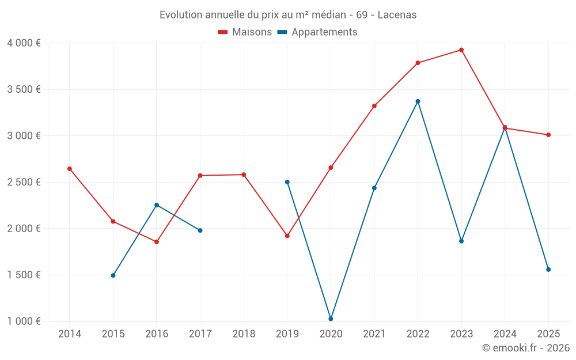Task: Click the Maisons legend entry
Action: coord(245,32)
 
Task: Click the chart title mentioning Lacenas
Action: coord(288,15)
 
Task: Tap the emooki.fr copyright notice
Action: coord(526,348)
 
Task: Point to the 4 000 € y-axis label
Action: coord(24,43)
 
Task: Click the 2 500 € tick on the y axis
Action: coord(24,182)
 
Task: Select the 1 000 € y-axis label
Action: coord(24,321)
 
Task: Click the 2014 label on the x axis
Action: coord(70,334)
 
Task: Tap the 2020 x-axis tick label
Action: coord(331,334)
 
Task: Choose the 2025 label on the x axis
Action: coord(548,334)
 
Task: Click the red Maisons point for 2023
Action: coord(461,50)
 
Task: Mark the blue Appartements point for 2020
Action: coord(331,319)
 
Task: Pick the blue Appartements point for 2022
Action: coord(418,101)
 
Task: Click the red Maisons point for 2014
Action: coord(70,169)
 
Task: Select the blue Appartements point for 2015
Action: coord(113,275)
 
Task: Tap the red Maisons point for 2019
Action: coord(287,236)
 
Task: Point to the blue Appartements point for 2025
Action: coord(548,270)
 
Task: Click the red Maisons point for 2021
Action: coord(374,106)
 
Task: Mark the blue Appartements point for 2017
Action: coord(200,230)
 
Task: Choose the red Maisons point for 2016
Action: coord(157,242)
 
